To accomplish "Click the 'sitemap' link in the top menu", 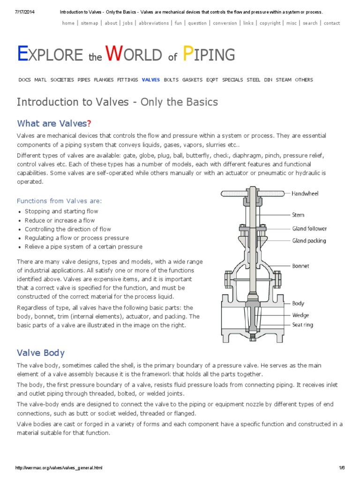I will point(90,23).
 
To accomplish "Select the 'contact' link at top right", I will point(332,23).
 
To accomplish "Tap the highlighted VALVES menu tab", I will point(151,80).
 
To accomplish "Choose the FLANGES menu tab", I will point(104,80).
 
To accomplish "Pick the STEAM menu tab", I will point(284,80).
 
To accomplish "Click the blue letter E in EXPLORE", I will point(22,55).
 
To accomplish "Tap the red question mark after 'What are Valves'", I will point(89,123).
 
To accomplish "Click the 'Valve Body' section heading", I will point(41,353).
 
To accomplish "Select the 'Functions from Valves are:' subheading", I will point(59,201).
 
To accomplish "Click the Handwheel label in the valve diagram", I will point(305,193).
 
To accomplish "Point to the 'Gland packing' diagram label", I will point(309,241).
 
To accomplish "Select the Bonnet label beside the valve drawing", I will point(300,266).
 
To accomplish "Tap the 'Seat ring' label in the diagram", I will point(302,325).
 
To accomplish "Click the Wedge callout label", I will point(300,315).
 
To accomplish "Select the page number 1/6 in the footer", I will point(342,468).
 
